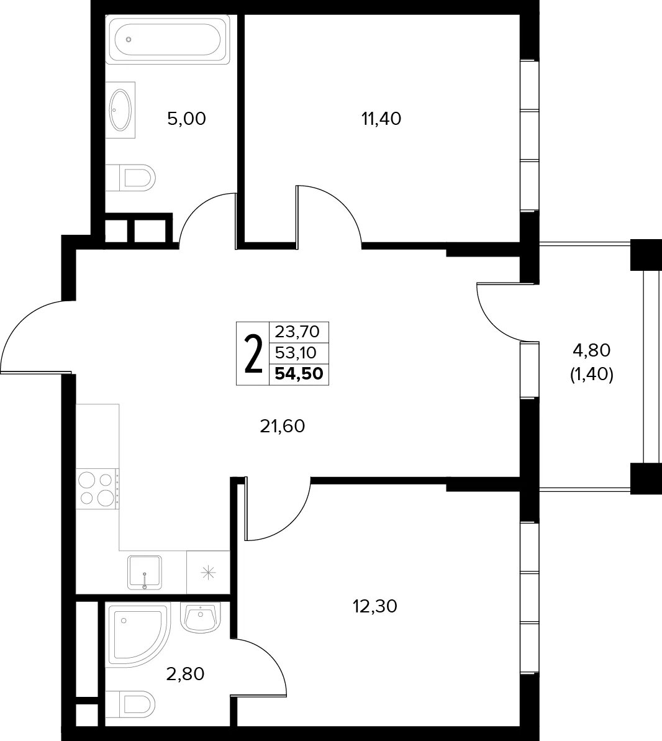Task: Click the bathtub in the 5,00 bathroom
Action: click(x=168, y=39)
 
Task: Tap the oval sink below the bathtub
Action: click(x=120, y=110)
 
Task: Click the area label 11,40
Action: click(x=381, y=119)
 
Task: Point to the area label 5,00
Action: click(x=187, y=119)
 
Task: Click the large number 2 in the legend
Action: click(x=253, y=353)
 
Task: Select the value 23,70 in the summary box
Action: click(x=297, y=332)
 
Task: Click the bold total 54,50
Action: click(x=299, y=373)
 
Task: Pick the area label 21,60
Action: click(x=283, y=427)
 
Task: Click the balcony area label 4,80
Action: click(x=592, y=350)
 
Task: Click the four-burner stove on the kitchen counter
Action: click(x=98, y=488)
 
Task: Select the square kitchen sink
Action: click(x=145, y=572)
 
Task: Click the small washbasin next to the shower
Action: click(x=201, y=617)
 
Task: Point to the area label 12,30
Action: click(x=375, y=606)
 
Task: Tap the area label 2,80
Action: click(x=185, y=673)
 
